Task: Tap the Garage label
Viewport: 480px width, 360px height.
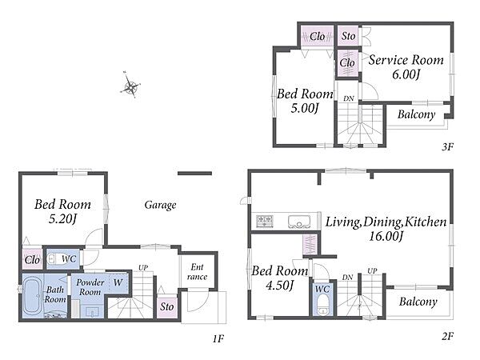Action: [x=161, y=205]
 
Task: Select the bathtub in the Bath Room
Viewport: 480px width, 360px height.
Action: [x=33, y=296]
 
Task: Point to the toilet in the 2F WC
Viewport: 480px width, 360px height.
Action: [x=322, y=305]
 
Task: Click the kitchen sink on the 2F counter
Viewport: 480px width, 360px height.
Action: [x=298, y=222]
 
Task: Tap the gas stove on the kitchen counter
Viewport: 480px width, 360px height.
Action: [x=265, y=221]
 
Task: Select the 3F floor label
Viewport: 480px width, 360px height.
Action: [x=447, y=146]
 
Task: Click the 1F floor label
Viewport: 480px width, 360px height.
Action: [x=218, y=339]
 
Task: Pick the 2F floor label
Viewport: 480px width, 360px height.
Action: [x=447, y=337]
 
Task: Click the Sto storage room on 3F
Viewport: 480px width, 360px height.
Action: [x=348, y=36]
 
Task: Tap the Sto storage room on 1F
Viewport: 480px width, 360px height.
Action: [x=167, y=306]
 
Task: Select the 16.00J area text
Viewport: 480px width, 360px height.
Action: [x=386, y=236]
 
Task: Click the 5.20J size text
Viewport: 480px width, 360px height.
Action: [x=62, y=218]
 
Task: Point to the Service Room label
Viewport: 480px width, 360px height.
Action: [x=406, y=60]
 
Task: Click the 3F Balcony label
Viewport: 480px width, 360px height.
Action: [x=416, y=114]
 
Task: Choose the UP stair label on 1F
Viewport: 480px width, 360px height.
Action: [x=143, y=268]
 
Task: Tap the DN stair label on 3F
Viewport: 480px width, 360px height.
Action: [x=348, y=98]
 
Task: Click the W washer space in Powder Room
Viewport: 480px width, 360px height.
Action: [x=118, y=282]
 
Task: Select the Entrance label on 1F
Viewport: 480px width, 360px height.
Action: [x=197, y=271]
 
